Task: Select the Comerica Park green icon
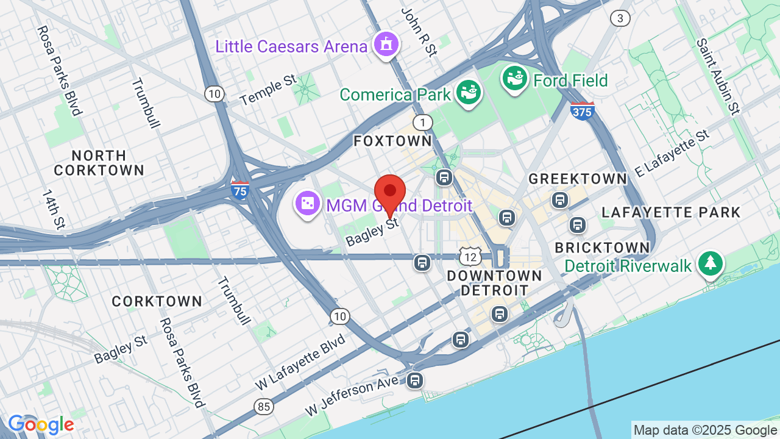coord(470,93)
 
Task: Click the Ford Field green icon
coord(515,78)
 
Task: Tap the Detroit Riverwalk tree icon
coord(711,264)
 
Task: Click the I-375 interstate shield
coord(583,111)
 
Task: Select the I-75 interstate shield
coord(240,191)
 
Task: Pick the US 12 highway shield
coord(470,257)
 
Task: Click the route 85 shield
coord(263,406)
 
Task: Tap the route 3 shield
coord(620,18)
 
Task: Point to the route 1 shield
coord(422,122)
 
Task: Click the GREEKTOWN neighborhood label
coord(577,179)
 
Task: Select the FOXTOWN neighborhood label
coord(392,141)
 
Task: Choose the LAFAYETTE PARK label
coord(670,212)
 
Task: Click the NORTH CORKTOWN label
coord(99,162)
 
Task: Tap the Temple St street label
coord(268,90)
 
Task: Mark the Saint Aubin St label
coord(718,76)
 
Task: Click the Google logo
coord(41,424)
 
